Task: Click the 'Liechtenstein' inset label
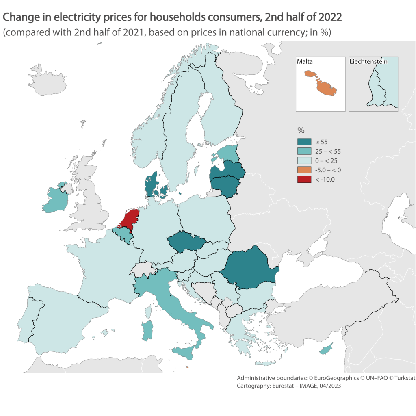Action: pos(368,62)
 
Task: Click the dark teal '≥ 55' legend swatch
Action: pos(304,142)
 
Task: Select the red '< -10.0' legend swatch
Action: pos(304,179)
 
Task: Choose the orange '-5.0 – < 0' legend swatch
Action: pos(304,170)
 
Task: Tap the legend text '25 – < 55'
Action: pos(329,151)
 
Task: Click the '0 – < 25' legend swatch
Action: pos(304,160)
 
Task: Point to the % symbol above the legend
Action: pos(301,130)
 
